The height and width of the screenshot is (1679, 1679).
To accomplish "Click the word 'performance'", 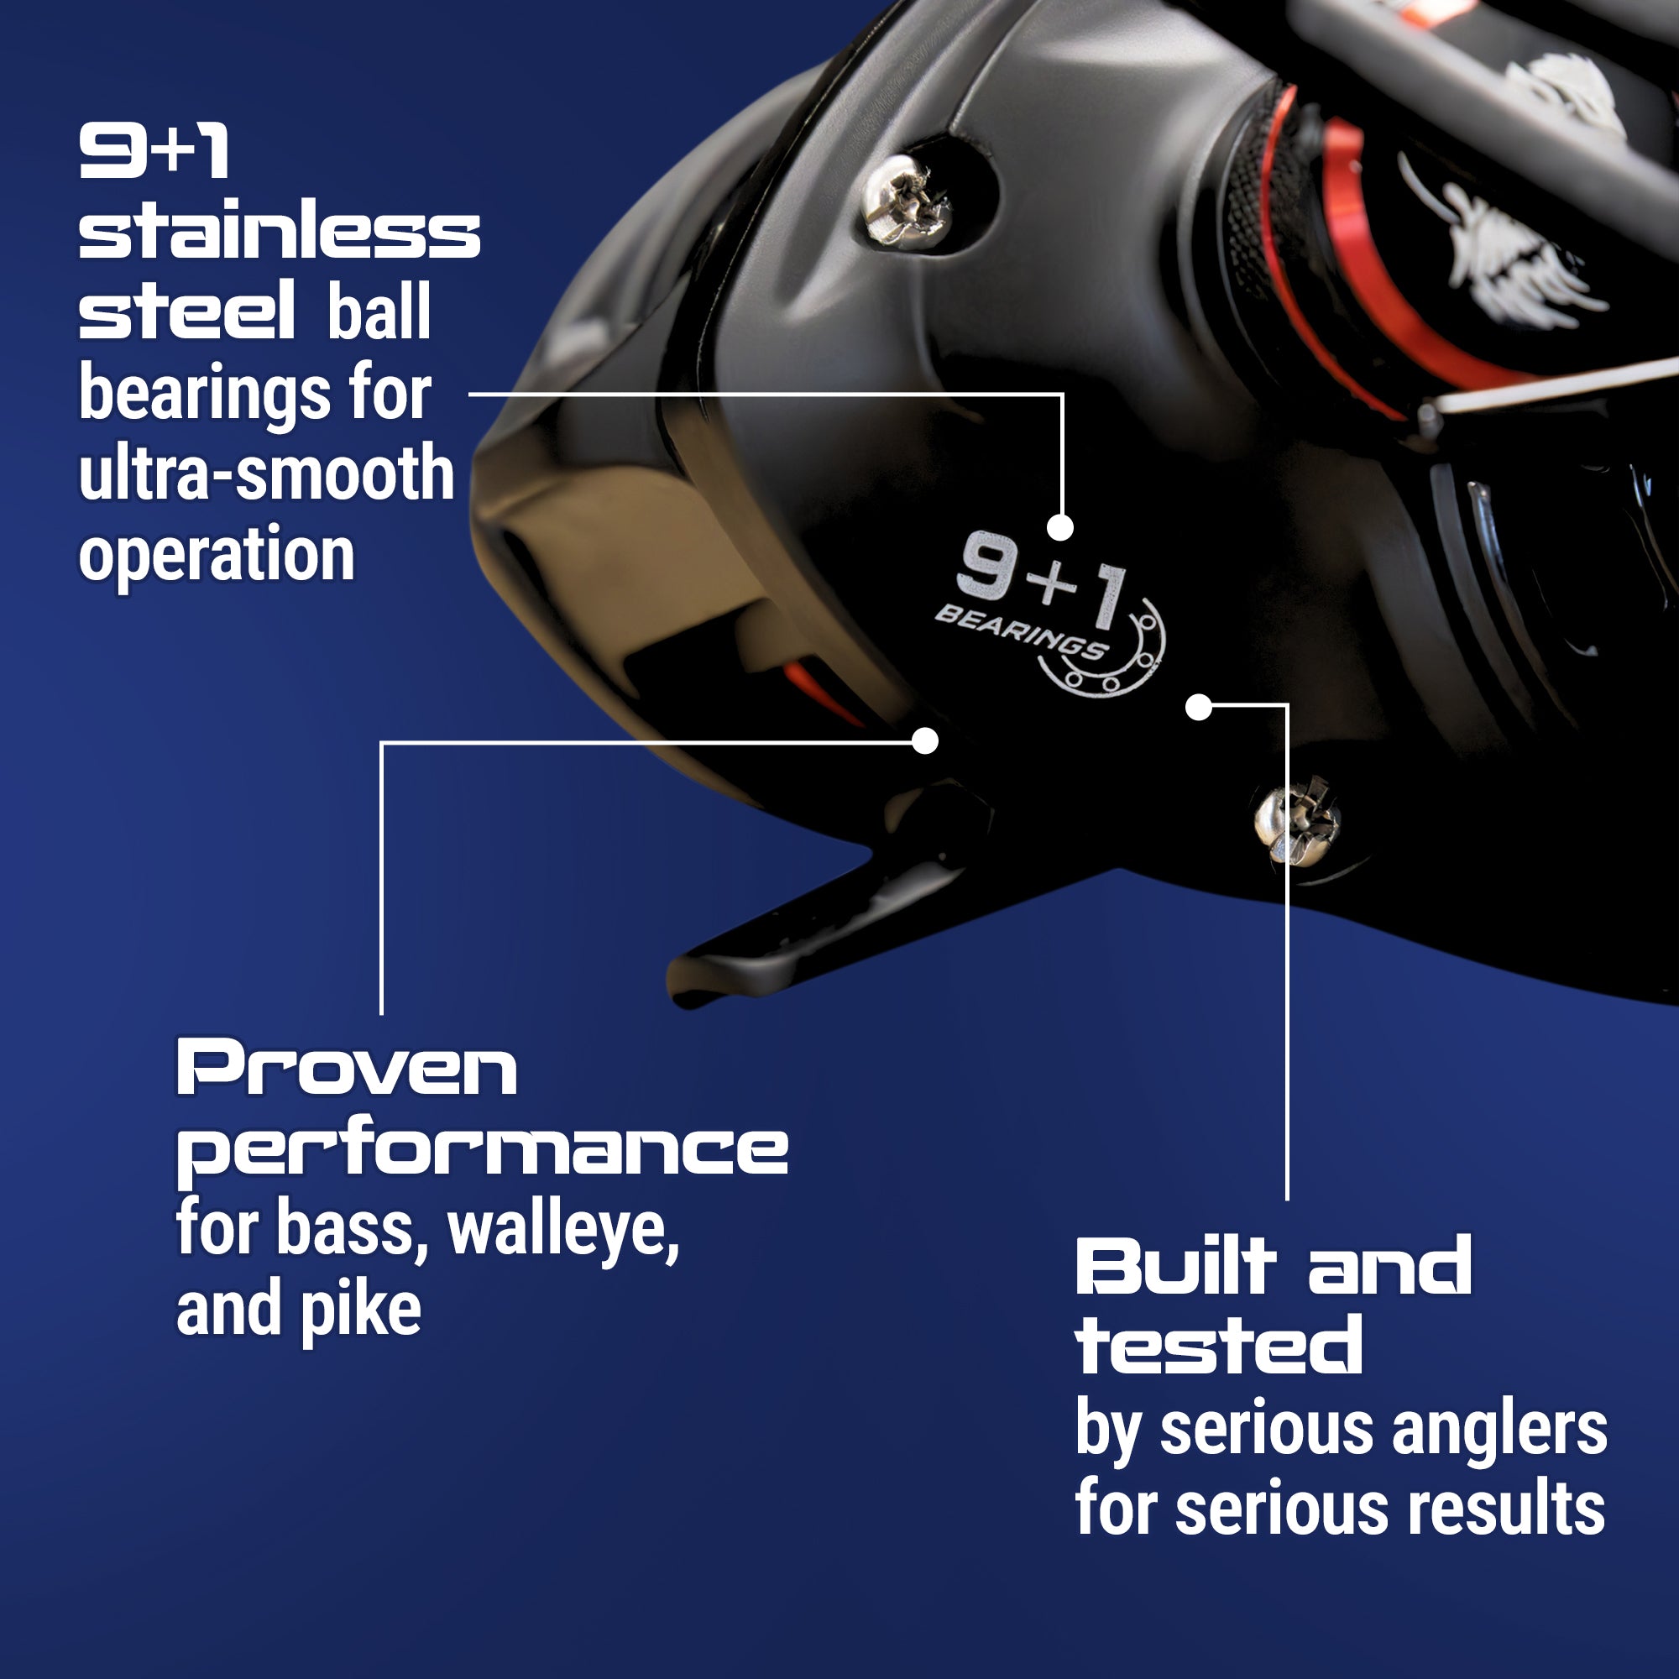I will click(x=483, y=1149).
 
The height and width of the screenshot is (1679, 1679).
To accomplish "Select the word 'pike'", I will click(x=361, y=1310).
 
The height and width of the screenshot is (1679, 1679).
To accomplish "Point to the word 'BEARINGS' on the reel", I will click(x=1020, y=632).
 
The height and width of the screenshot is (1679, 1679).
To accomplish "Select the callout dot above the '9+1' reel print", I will click(x=1060, y=526).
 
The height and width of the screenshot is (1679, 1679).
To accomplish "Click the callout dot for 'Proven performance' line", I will click(x=925, y=741).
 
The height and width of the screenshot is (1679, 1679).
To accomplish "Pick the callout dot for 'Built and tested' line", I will click(x=1199, y=708).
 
